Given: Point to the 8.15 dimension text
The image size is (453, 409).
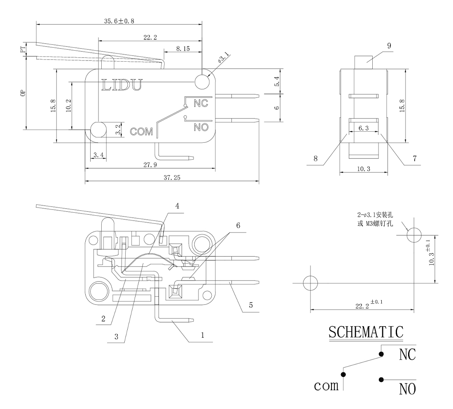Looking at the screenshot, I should [x=183, y=49].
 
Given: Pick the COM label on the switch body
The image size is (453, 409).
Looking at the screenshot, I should [x=141, y=132].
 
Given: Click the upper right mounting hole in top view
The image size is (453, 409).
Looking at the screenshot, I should [x=202, y=81].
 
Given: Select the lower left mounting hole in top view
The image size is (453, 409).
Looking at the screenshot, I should [x=98, y=130].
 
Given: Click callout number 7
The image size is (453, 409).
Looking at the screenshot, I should [x=415, y=158].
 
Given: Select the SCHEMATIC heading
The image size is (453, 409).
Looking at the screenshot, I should [x=366, y=332].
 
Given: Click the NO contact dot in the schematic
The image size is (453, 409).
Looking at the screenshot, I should [x=382, y=379].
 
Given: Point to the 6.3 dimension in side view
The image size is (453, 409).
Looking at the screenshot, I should [x=363, y=128].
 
